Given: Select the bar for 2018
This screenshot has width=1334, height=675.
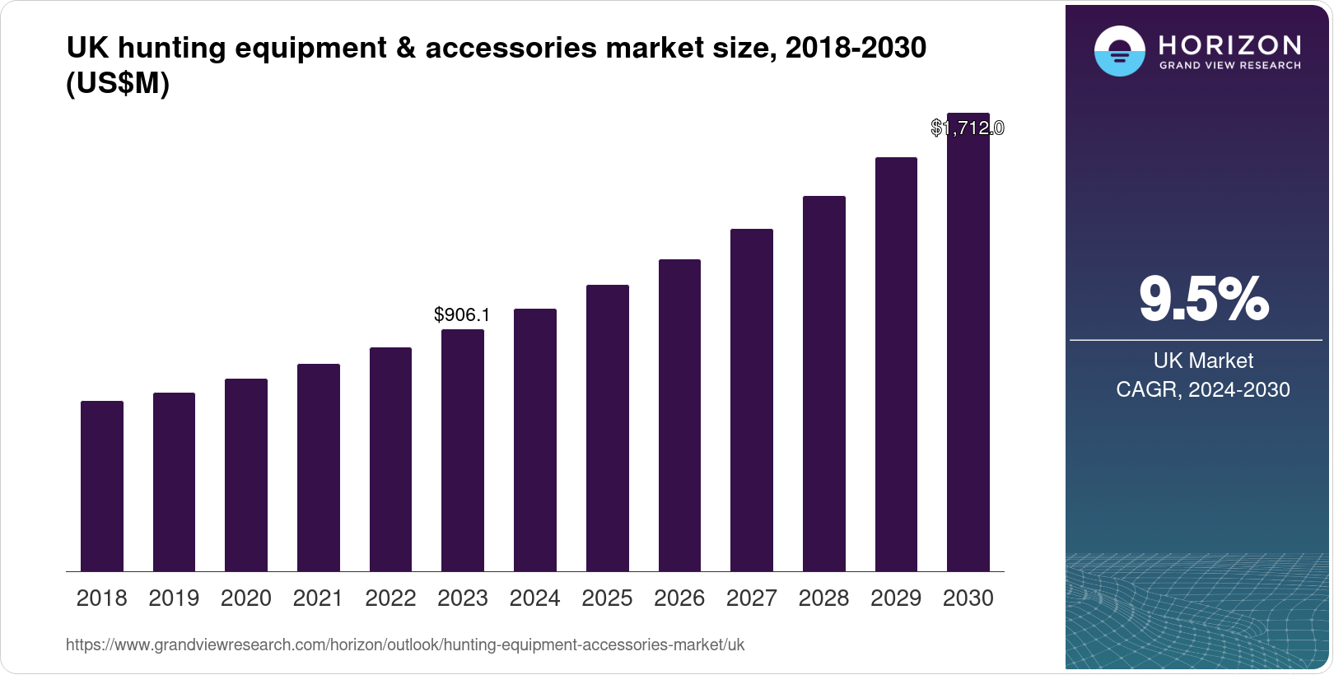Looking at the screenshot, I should (102, 486).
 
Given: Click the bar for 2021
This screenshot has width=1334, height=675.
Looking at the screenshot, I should (319, 468).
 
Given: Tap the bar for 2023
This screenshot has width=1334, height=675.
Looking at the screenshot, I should (463, 450).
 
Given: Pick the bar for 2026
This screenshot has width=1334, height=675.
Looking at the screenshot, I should (679, 416).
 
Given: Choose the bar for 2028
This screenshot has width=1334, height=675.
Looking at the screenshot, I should (824, 384).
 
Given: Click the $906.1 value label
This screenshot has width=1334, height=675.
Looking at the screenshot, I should (462, 314).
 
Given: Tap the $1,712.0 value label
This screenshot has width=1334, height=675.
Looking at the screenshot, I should (968, 128).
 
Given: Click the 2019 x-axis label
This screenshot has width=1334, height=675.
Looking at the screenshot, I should (174, 598).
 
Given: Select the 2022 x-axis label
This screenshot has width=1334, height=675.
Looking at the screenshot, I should (390, 598).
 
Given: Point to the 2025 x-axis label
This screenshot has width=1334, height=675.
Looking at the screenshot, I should (607, 598).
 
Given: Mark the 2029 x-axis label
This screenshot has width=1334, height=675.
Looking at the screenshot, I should (896, 598).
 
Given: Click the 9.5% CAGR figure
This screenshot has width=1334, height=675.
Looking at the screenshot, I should (1204, 299).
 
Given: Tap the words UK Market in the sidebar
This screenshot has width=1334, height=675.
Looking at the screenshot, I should (1203, 361).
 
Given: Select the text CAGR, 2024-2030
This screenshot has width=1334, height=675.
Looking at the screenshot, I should (1203, 389).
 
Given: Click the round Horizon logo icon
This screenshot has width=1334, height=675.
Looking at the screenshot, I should (1119, 51).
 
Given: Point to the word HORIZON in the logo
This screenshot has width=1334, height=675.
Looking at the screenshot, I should (1229, 44).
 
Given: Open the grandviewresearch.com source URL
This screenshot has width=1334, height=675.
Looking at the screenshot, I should (405, 645).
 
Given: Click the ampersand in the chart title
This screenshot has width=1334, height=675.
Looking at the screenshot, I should (405, 48).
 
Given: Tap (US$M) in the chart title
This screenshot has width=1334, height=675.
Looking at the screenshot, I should (118, 83).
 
